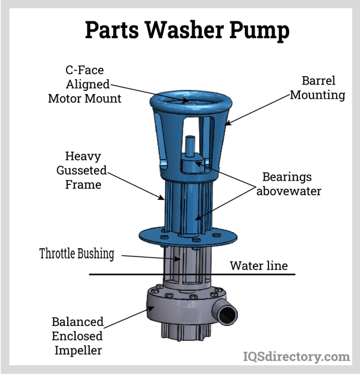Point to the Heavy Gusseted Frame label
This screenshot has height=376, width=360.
pos(83,170)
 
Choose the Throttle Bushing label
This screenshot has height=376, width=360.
pos(77,253)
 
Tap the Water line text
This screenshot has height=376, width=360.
pos(259,265)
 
